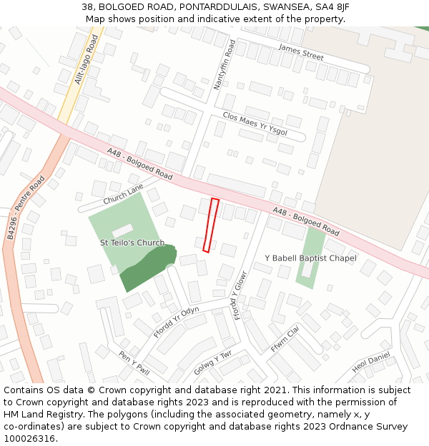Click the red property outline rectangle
(210, 225)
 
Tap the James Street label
(301, 52)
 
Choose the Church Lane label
(123, 194)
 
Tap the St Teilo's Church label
(132, 243)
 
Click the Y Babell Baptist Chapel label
(310, 258)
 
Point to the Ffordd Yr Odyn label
(176, 322)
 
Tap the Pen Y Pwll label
(134, 363)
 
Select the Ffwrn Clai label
(285, 339)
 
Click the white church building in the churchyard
(122, 230)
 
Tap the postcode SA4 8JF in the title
(330, 7)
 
